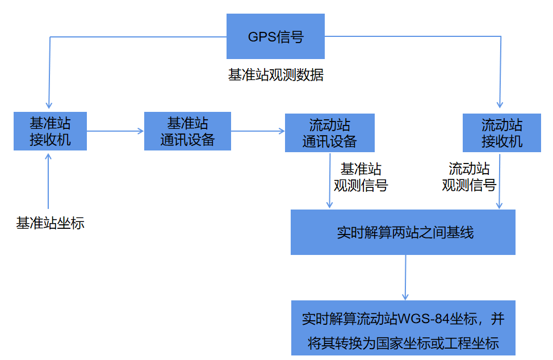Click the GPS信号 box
tap(275, 37)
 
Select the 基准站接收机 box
tap(50, 131)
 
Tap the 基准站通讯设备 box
tap(187, 131)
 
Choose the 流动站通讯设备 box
tap(329, 133)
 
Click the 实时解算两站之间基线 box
tap(403, 232)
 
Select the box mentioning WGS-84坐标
tap(403, 328)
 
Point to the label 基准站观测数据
tap(276, 75)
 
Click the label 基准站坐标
tap(50, 223)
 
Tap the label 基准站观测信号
tap(361, 177)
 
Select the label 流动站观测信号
tap(469, 177)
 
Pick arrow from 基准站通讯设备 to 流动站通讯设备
tap(258, 131)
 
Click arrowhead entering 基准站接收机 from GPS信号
tap(49, 104)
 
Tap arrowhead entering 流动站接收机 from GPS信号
tap(500, 104)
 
